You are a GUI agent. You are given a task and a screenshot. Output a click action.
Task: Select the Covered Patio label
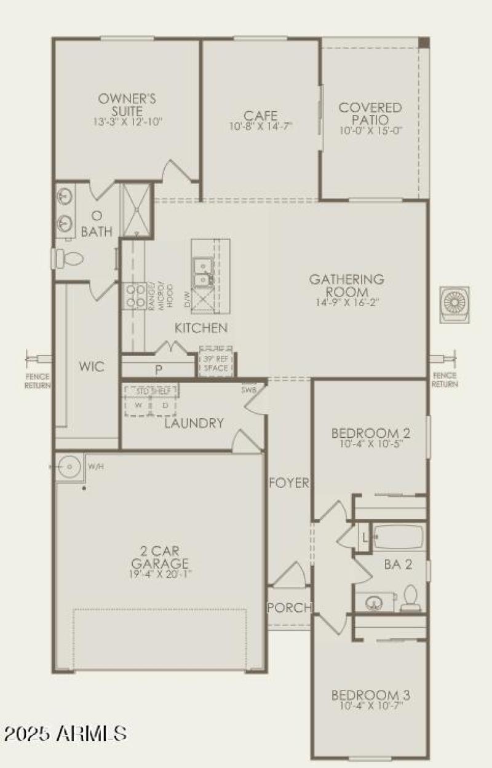(x=370, y=114)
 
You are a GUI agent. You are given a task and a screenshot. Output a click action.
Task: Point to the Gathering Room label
(x=346, y=285)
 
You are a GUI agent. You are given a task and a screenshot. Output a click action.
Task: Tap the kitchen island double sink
(x=202, y=272)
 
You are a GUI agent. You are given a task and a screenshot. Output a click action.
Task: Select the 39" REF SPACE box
(x=216, y=363)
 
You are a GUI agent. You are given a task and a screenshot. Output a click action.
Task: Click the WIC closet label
(x=91, y=367)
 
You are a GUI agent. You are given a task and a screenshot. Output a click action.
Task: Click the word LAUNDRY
(x=194, y=423)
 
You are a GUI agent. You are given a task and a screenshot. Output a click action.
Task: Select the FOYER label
(x=289, y=483)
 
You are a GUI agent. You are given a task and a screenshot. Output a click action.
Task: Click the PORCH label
(x=290, y=608)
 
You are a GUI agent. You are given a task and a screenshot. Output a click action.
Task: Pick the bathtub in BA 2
(x=399, y=537)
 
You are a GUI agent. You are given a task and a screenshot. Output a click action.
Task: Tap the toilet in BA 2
(x=410, y=598)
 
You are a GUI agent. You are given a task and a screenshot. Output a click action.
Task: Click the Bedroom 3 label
(x=371, y=695)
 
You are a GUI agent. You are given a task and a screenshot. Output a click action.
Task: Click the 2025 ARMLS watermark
(x=65, y=733)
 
